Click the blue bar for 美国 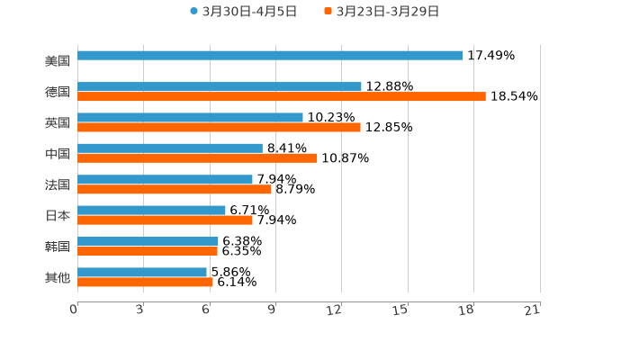coord(270,56)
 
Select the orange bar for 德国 coord(282,96)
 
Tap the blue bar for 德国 coord(220,86)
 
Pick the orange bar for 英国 coord(219,127)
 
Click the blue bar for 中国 coord(170,148)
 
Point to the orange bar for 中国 coord(197,158)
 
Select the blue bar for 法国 coord(165,179)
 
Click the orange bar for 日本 coord(165,220)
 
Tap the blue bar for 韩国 coord(148,241)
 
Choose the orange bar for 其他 coord(145,282)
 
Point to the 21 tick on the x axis coord(532,310)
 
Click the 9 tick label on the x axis coord(272,310)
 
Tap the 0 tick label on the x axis coord(74,310)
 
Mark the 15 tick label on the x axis coord(400,310)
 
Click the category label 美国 coord(58,61)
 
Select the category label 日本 coord(58,215)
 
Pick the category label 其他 coord(58,277)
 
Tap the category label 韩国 coord(58,247)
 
